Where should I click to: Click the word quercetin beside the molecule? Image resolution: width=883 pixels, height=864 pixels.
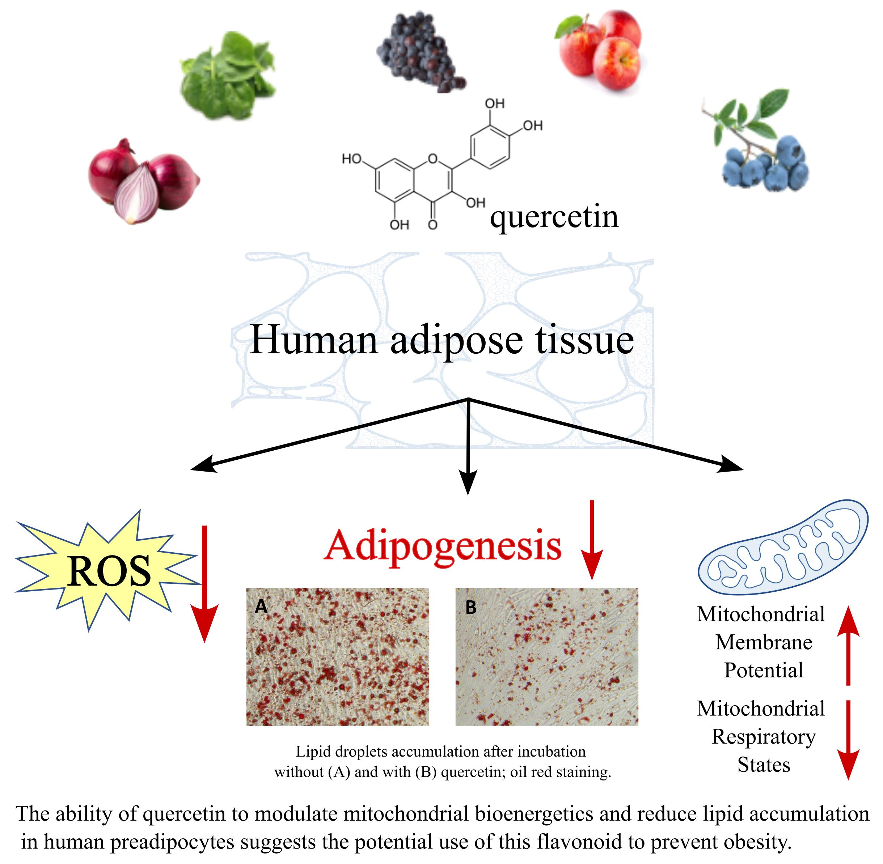coord(554,218)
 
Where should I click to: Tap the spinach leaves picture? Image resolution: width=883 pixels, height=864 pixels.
coord(228,76)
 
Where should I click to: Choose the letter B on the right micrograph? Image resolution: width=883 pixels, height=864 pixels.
coord(471,607)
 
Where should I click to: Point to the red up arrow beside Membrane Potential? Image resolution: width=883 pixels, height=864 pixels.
coord(848,644)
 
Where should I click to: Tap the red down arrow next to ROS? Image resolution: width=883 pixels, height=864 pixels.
coord(204,586)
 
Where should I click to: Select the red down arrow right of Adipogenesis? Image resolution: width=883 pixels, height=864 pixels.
coord(592,540)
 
